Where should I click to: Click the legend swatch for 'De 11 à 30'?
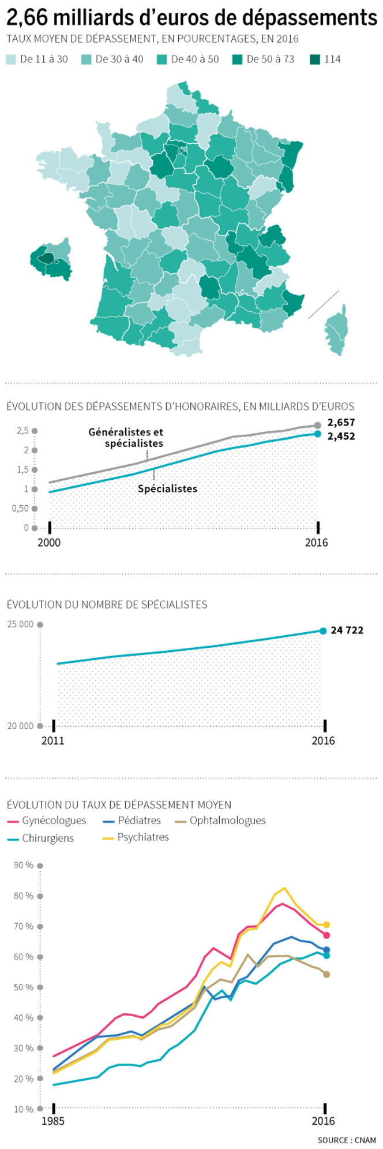tap(12, 59)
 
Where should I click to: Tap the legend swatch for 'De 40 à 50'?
tap(163, 59)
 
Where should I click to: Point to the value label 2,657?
tap(341, 422)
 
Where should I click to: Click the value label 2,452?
tap(341, 436)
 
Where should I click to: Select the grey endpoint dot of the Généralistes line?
tap(318, 426)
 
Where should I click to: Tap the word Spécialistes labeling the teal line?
tap(167, 488)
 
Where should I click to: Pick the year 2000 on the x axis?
tap(49, 543)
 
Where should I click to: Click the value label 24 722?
tap(347, 630)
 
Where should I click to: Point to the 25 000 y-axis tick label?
tap(20, 624)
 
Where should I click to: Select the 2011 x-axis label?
tap(52, 741)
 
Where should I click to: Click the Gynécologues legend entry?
tap(54, 820)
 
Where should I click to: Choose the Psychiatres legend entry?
tap(142, 837)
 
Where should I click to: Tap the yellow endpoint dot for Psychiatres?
tap(326, 924)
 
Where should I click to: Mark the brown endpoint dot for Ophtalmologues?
tap(326, 974)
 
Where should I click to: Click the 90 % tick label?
tap(24, 865)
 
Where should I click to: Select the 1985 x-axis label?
tap(53, 1121)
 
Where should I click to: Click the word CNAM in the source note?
tap(365, 1140)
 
